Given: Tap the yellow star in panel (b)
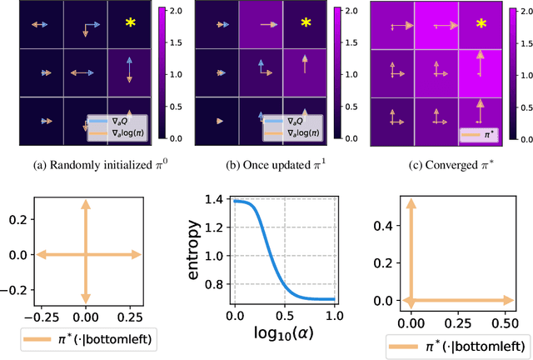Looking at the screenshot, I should point(306,22).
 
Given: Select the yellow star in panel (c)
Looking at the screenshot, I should point(481,22).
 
